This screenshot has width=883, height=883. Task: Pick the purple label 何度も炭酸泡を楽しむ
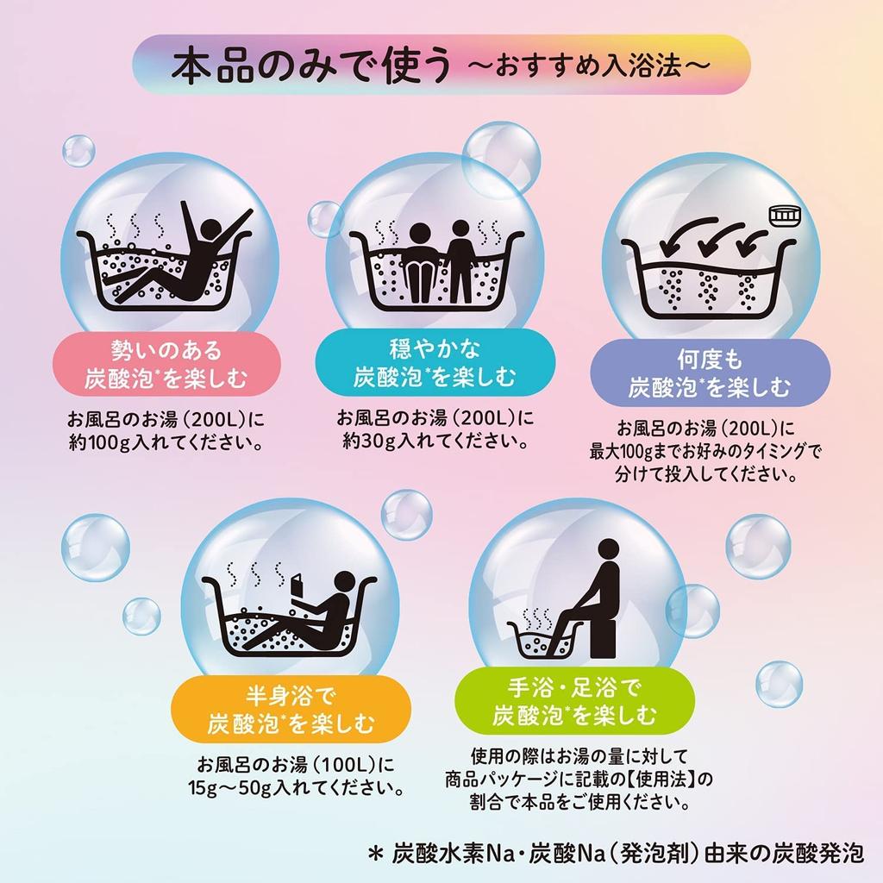tap(710, 373)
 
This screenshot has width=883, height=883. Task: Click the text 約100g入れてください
tap(166, 444)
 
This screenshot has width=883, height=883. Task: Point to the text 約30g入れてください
tap(435, 441)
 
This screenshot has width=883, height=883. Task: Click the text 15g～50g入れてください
tap(297, 787)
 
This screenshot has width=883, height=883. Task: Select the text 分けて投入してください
tap(705, 473)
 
